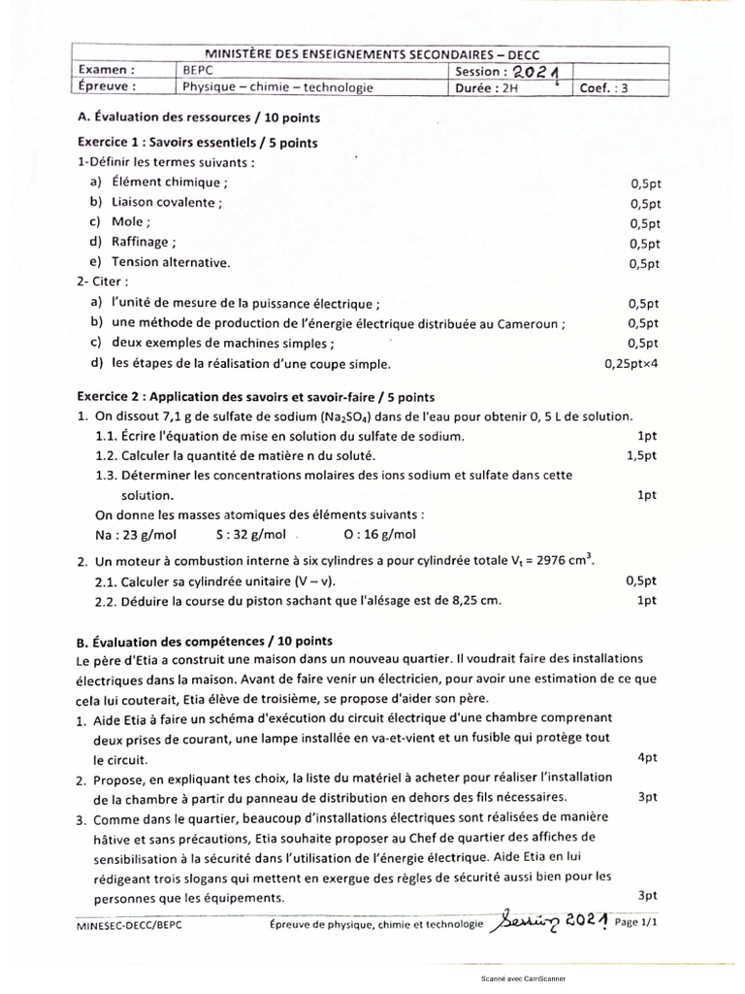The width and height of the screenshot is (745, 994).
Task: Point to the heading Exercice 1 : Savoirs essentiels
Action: [197, 143]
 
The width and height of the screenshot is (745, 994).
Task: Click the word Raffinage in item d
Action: [143, 242]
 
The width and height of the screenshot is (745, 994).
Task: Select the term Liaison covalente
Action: [166, 202]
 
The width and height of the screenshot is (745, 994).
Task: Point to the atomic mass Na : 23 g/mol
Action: [135, 534]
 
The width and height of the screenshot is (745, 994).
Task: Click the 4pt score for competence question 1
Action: [648, 757]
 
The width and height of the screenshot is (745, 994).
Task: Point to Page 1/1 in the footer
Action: [635, 923]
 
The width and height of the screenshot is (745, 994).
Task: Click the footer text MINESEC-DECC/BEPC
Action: [128, 926]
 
